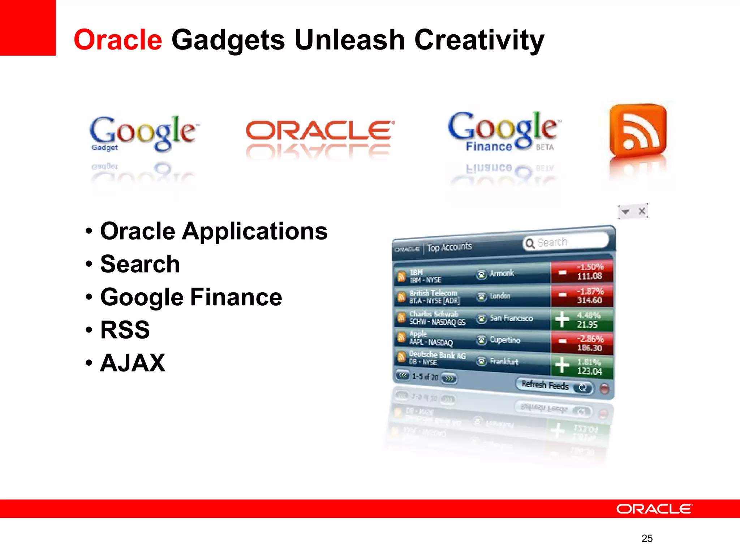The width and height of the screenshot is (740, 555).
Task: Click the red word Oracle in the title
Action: coord(118,40)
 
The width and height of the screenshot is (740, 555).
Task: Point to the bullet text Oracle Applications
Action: coord(214,231)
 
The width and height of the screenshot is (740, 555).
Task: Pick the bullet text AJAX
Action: coord(133,363)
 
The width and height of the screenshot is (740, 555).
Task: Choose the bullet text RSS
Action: coord(125,330)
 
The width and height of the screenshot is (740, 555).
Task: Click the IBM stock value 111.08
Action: coord(589,276)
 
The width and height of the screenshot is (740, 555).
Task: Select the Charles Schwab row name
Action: coord(434,314)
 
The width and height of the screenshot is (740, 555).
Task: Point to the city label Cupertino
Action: coord(505,340)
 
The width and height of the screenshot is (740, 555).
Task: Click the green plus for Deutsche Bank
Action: coord(562,365)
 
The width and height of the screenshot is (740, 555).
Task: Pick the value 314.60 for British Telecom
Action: coord(589,300)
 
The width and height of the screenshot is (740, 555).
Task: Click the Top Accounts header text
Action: coord(449,247)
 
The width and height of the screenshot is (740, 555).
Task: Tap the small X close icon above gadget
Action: coord(642,211)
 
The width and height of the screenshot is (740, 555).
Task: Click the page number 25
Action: coord(647,538)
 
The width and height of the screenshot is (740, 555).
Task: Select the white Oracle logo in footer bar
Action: coord(654,509)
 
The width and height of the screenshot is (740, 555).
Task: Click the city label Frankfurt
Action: coord(504,361)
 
